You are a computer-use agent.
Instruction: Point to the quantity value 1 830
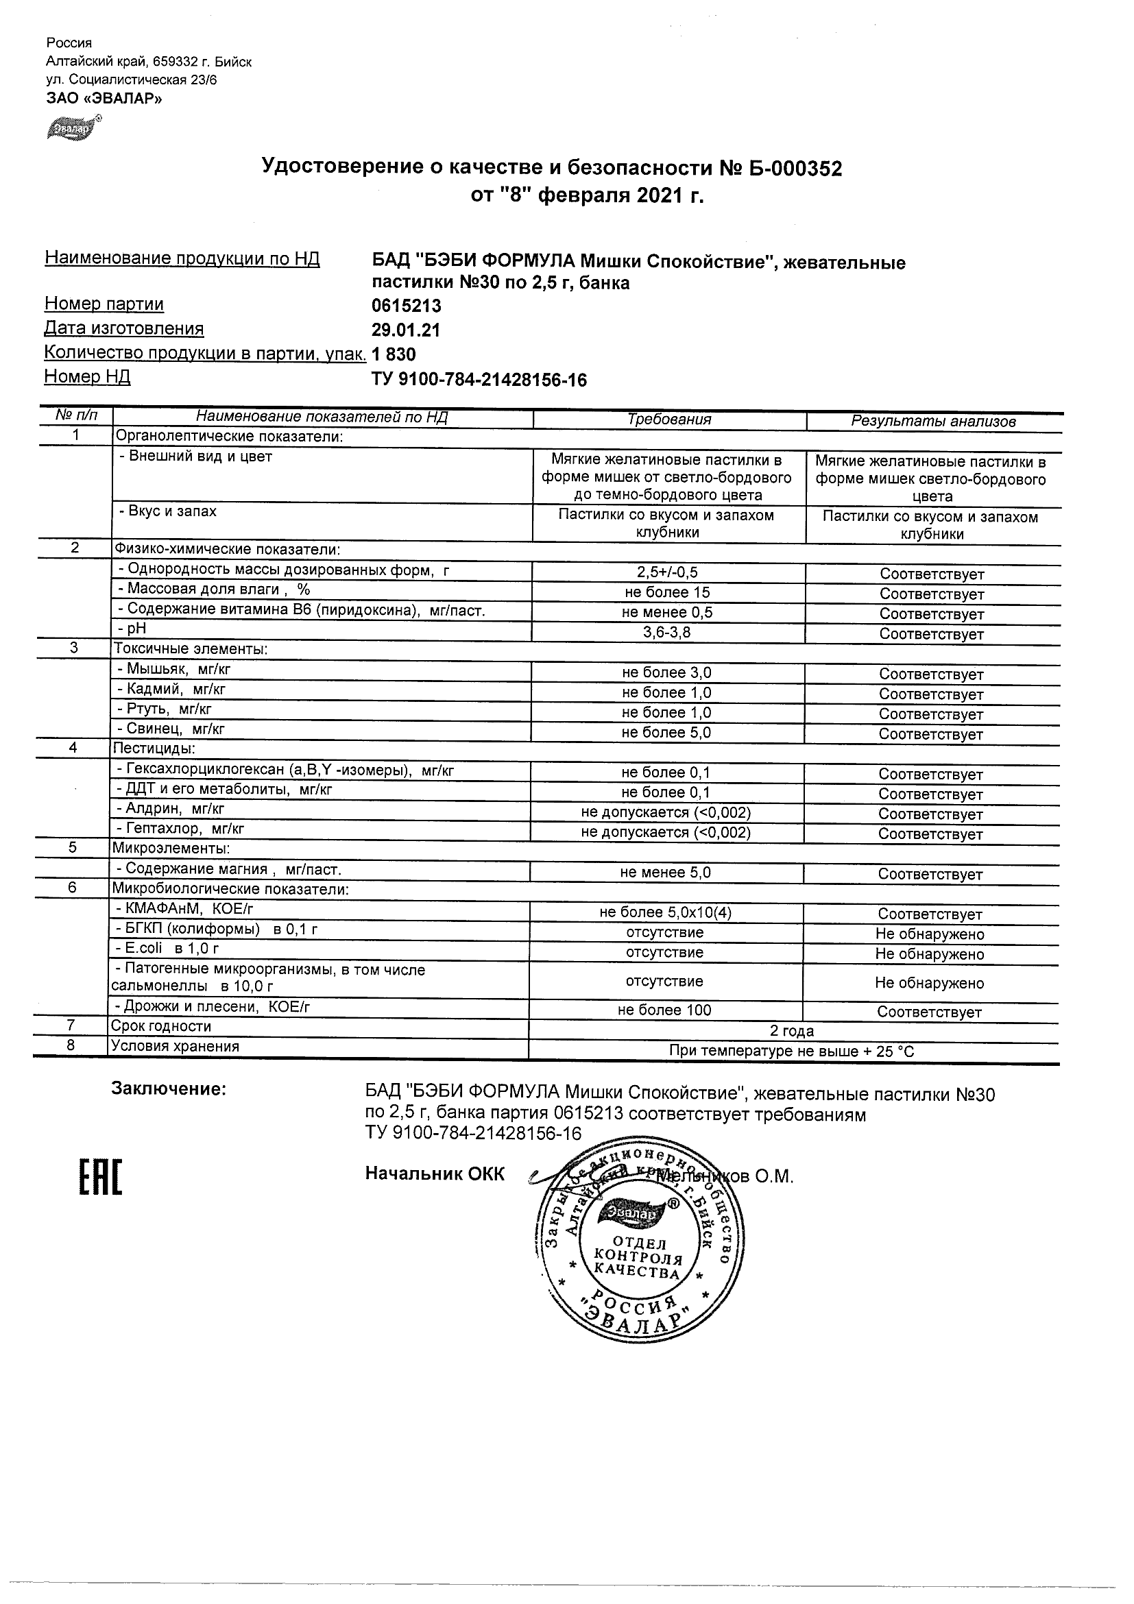coord(394,355)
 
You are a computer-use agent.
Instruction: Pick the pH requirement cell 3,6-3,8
coord(666,633)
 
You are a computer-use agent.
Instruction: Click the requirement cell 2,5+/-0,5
coord(667,572)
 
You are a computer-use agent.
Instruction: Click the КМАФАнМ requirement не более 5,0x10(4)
coord(665,912)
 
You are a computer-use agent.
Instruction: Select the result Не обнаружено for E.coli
coord(929,954)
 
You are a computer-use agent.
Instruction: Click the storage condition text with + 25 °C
coord(791,1052)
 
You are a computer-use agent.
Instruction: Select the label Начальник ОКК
coord(434,1174)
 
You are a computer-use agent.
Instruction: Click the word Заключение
coord(169,1089)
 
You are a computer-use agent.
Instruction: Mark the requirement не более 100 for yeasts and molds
coord(664,1010)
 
